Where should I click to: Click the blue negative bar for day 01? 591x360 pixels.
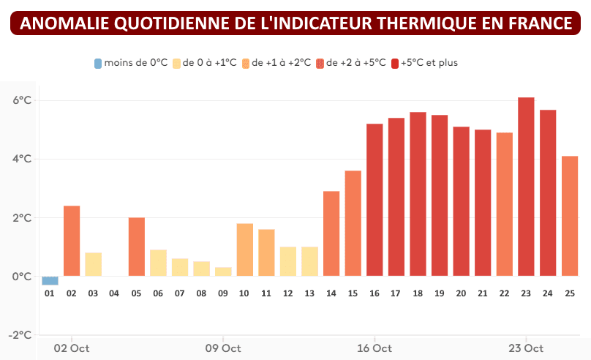pos(50,280)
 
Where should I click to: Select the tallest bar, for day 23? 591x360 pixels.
pos(526,187)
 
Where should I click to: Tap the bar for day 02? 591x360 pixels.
pos(72,241)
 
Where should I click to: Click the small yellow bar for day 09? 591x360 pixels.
pos(223,271)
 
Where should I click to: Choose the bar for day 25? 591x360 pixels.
pos(569,216)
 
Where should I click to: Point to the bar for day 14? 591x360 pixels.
pos(331,233)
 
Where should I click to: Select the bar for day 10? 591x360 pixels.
pos(244,250)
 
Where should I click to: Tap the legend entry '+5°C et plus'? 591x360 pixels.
pos(428,63)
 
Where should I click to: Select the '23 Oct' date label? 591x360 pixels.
pos(526,348)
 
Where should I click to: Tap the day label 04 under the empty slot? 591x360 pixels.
pos(114,293)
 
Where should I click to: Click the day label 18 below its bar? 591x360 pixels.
pos(418,293)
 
